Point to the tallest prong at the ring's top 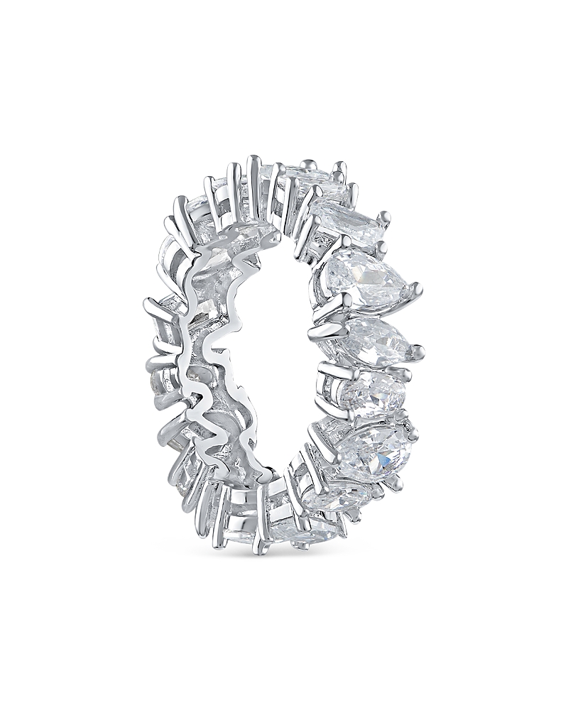pyautogui.click(x=252, y=160)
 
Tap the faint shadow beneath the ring pyautogui.click(x=284, y=561)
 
